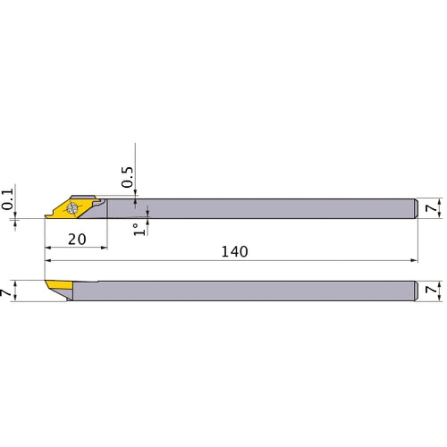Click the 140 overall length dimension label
[x=234, y=252]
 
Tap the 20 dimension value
[x=77, y=240]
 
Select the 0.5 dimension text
[x=128, y=177]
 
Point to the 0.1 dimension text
[x=8, y=199]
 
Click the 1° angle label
[x=139, y=230]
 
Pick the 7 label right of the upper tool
[x=431, y=207]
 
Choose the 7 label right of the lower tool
[x=431, y=290]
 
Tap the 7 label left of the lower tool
[x=6, y=292]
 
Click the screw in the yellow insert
[x=72, y=207]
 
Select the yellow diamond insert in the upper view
[x=72, y=208]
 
